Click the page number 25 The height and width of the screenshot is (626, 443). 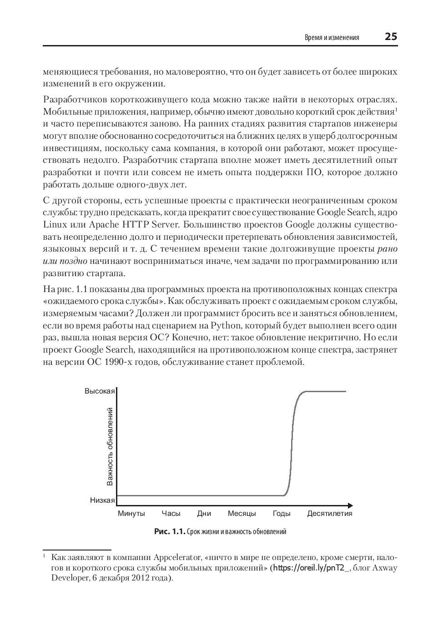(x=391, y=37)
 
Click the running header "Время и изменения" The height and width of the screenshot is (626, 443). (x=332, y=38)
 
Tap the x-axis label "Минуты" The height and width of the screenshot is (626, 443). (x=131, y=513)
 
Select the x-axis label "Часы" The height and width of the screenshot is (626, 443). (x=171, y=513)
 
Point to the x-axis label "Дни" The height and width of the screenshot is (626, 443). (x=204, y=513)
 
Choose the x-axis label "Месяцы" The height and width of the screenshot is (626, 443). (x=242, y=513)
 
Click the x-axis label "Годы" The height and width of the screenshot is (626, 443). (x=282, y=513)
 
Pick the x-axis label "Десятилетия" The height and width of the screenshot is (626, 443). (x=330, y=513)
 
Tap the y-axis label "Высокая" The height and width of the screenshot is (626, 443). (x=100, y=391)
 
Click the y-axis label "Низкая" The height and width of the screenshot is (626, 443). (x=102, y=500)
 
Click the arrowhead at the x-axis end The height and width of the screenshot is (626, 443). (x=350, y=505)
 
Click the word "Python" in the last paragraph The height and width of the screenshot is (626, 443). (x=226, y=325)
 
